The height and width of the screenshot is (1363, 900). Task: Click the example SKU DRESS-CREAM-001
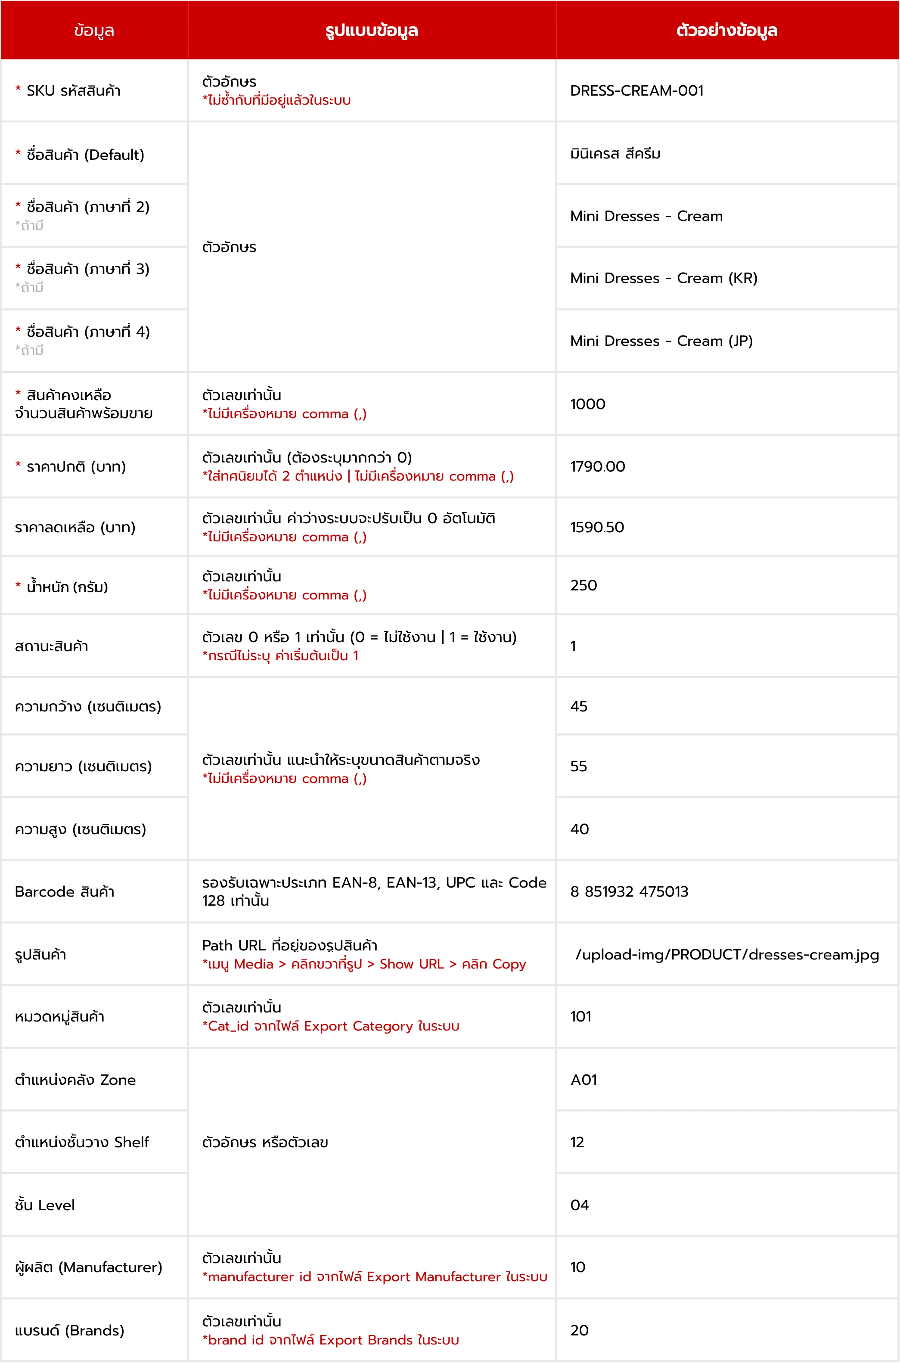pyautogui.click(x=636, y=91)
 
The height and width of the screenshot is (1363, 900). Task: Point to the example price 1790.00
pyautogui.click(x=598, y=466)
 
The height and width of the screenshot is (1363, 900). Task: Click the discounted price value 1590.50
pyautogui.click(x=597, y=528)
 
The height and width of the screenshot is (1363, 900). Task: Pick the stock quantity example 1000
pyautogui.click(x=588, y=404)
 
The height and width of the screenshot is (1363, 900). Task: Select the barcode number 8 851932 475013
pyautogui.click(x=629, y=892)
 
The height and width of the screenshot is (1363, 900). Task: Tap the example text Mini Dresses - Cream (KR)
pyautogui.click(x=664, y=278)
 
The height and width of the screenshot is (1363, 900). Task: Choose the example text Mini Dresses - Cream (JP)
pyautogui.click(x=661, y=342)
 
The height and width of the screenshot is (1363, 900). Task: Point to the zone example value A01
pyautogui.click(x=584, y=1080)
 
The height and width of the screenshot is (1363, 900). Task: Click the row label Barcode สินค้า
pyautogui.click(x=65, y=892)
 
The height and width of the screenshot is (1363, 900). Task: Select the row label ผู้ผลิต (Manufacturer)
pyautogui.click(x=88, y=1267)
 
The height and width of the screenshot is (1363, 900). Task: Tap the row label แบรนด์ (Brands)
pyautogui.click(x=69, y=1330)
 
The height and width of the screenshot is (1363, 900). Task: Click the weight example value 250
pyautogui.click(x=584, y=585)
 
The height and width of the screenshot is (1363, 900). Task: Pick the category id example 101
pyautogui.click(x=581, y=1016)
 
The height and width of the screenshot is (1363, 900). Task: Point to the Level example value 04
pyautogui.click(x=580, y=1205)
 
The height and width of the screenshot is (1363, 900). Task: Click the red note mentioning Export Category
pyautogui.click(x=331, y=1026)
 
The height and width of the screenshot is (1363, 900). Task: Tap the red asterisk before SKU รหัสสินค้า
pyautogui.click(x=18, y=89)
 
